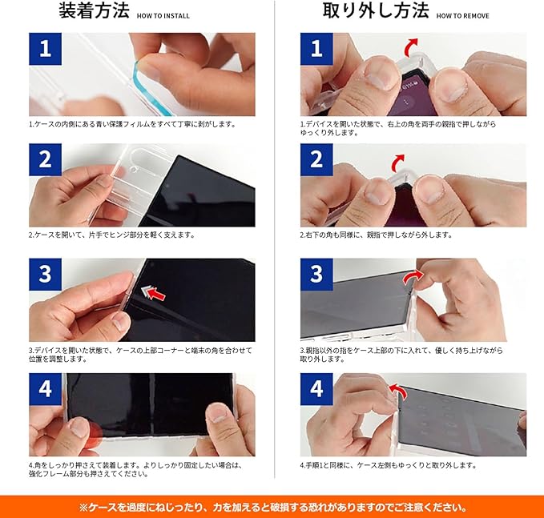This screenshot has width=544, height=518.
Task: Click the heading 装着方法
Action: click(x=94, y=10)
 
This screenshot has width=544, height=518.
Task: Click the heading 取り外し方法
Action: click(x=376, y=10)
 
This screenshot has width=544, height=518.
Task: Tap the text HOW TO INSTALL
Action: click(x=163, y=16)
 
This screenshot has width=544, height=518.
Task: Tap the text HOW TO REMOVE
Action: click(x=463, y=16)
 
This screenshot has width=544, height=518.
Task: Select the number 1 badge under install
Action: click(x=45, y=49)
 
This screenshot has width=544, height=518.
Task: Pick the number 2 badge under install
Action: click(x=45, y=159)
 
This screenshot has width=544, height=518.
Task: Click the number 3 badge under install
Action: click(x=45, y=275)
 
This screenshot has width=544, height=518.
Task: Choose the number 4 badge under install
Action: click(x=45, y=389)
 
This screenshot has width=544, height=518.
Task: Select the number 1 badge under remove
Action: click(x=316, y=49)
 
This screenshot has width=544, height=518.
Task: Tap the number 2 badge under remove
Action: click(x=316, y=159)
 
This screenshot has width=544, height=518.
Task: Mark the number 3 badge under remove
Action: click(x=316, y=275)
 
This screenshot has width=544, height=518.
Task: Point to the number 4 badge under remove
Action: click(x=316, y=389)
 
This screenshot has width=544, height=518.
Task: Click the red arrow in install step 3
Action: click(x=156, y=295)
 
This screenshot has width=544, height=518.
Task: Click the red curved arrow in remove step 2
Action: click(x=397, y=163)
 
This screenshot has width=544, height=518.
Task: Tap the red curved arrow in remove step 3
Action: click(x=412, y=278)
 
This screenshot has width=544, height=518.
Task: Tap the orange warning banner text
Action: click(x=272, y=508)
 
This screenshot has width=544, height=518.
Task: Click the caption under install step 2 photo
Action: click(x=111, y=235)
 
